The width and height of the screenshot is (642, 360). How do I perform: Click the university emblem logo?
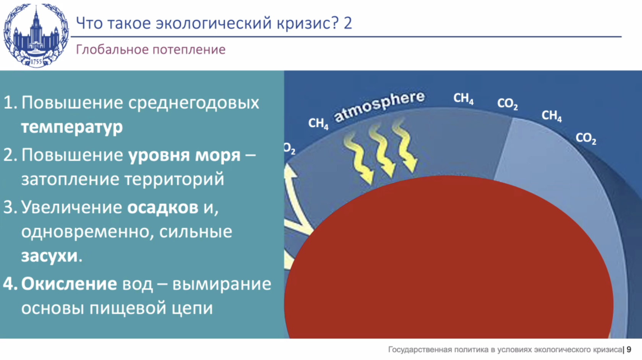[x=36, y=36]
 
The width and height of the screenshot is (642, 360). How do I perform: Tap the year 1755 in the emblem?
[x=36, y=61]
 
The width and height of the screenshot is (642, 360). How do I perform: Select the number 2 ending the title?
[x=348, y=23]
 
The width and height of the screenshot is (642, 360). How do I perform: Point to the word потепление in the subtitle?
[x=189, y=50]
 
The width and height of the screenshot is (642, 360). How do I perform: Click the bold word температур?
[x=72, y=127]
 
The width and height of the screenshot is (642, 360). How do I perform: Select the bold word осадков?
[x=163, y=207]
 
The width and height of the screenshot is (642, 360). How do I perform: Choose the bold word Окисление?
[x=69, y=284]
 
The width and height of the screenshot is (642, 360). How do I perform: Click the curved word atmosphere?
[x=379, y=107]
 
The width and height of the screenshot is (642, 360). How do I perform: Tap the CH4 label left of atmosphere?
[x=318, y=123]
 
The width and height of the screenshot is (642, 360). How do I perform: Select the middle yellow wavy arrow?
[x=382, y=152]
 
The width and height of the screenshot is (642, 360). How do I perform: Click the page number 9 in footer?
[x=629, y=350]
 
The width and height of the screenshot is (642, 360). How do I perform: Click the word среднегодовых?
[x=193, y=103]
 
